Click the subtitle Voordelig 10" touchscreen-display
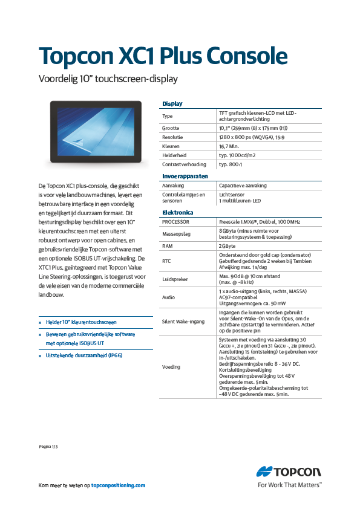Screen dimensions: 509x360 pyautogui.click(x=108, y=79)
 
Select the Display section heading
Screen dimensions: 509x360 pyautogui.click(x=172, y=103)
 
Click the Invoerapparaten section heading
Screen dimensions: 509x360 pyautogui.click(x=185, y=176)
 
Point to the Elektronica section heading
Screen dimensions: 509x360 pyautogui.click(x=177, y=213)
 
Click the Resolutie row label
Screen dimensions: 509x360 pyautogui.click(x=174, y=137)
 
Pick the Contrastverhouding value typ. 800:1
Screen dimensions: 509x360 pyautogui.click(x=231, y=164)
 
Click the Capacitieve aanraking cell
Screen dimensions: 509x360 pyautogui.click(x=243, y=186)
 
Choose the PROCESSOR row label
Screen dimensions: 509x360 pyautogui.click(x=176, y=222)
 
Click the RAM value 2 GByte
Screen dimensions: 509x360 pyautogui.click(x=227, y=247)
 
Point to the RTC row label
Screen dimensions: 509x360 pyautogui.click(x=166, y=261)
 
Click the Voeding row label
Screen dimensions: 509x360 pyautogui.click(x=171, y=367)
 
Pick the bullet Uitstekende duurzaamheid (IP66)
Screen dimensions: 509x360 pyautogui.click(x=85, y=356)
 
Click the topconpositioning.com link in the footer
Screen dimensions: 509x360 pyautogui.click(x=118, y=485)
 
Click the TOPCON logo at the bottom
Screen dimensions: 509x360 pyautogui.click(x=289, y=473)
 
